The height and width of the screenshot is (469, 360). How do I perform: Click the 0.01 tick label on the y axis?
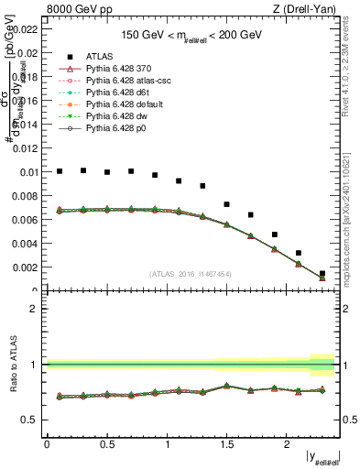click(x=27, y=172)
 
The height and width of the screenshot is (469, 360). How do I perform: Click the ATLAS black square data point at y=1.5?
click(x=227, y=204)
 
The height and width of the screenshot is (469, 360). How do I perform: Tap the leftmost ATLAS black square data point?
click(x=60, y=171)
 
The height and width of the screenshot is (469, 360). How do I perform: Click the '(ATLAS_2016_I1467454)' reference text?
click(x=191, y=273)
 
